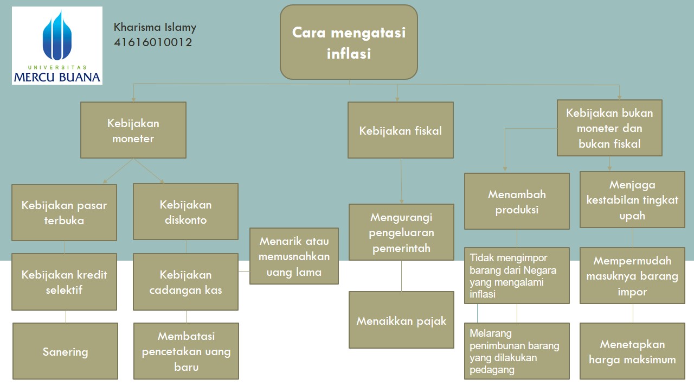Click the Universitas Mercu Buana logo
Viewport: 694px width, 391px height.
click(x=57, y=46)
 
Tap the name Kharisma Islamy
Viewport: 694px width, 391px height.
click(x=155, y=27)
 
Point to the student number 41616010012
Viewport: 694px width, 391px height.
click(x=153, y=42)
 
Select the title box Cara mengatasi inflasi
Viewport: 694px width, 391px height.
click(x=349, y=42)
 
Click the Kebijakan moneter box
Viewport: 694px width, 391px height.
click(x=133, y=130)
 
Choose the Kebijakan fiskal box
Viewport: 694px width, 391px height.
click(x=400, y=130)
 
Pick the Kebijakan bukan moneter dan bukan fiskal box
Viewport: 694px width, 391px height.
click(x=609, y=128)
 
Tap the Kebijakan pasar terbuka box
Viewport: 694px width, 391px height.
click(x=64, y=212)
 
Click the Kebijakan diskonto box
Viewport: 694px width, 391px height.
click(x=185, y=212)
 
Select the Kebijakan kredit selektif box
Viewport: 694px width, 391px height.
click(x=64, y=282)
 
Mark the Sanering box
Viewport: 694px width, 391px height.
click(x=65, y=351)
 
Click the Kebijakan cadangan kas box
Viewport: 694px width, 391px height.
click(x=185, y=282)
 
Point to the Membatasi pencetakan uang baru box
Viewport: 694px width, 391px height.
click(x=186, y=351)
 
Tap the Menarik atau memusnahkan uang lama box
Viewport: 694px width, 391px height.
click(x=294, y=256)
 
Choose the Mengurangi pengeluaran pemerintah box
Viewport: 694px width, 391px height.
click(x=401, y=232)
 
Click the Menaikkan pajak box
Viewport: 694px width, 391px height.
click(x=401, y=320)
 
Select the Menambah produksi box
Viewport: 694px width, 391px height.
click(x=517, y=201)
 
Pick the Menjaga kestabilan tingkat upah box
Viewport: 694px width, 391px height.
click(x=632, y=199)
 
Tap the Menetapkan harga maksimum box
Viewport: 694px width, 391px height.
click(x=632, y=351)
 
